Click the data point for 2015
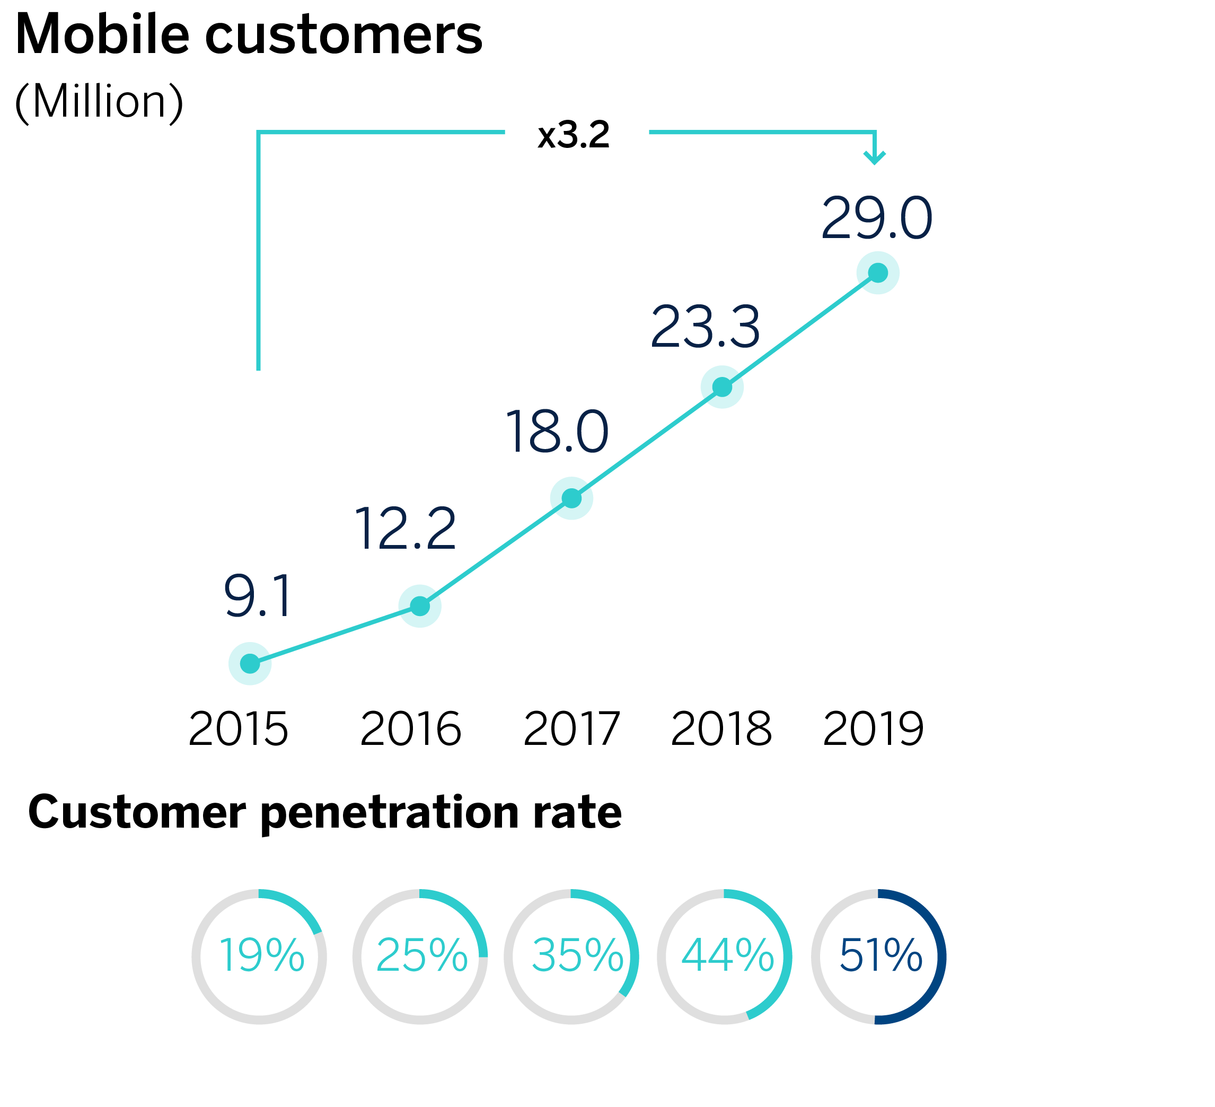(250, 664)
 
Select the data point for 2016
(420, 606)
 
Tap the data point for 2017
(572, 498)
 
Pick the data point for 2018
(722, 387)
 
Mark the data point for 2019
(878, 273)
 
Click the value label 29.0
(877, 218)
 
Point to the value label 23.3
(705, 327)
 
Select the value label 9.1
(258, 596)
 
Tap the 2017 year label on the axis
(571, 730)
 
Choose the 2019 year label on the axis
(873, 730)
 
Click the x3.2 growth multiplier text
(574, 135)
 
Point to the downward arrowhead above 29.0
(875, 158)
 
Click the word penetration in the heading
(391, 813)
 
